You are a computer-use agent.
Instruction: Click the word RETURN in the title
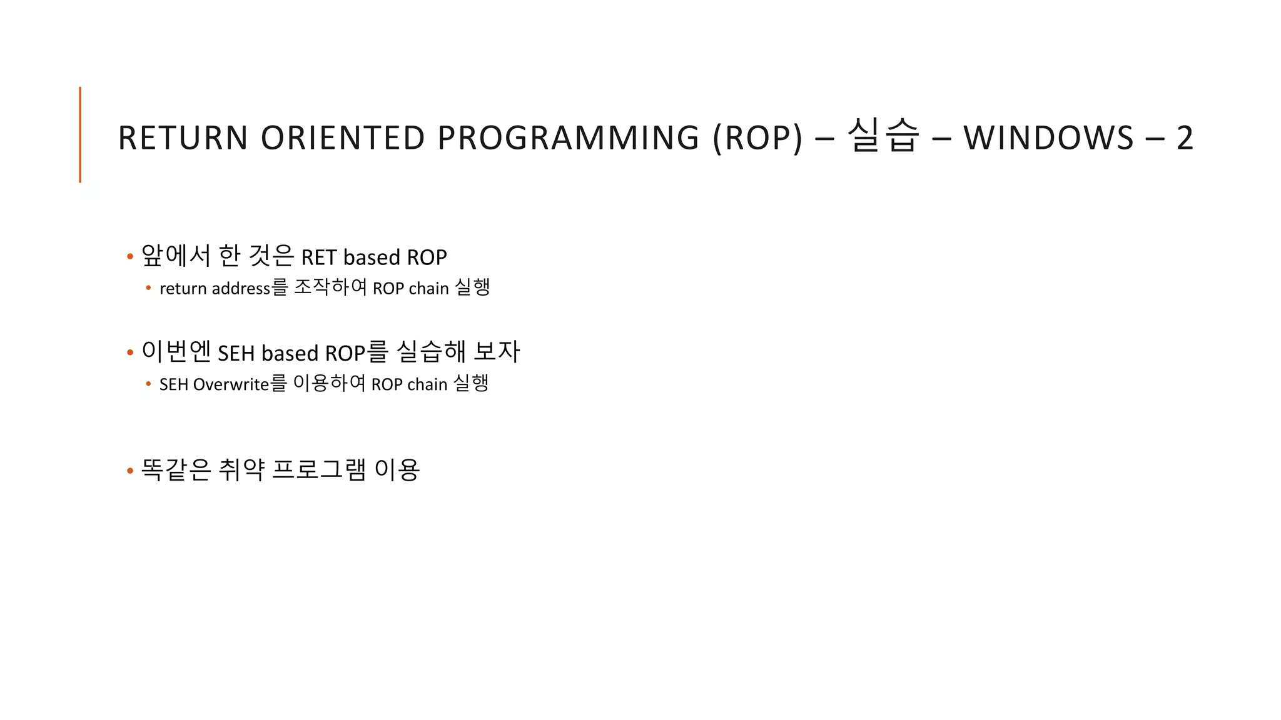pyautogui.click(x=183, y=138)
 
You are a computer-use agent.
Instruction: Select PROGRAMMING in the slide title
pyautogui.click(x=568, y=138)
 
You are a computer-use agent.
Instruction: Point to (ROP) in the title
pyautogui.click(x=757, y=138)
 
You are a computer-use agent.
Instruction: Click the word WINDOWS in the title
pyautogui.click(x=1048, y=138)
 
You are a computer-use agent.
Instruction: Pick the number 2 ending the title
pyautogui.click(x=1185, y=138)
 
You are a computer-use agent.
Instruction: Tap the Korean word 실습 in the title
pyautogui.click(x=883, y=136)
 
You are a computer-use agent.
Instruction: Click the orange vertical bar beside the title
pyautogui.click(x=80, y=134)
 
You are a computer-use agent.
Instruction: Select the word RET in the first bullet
pyautogui.click(x=319, y=257)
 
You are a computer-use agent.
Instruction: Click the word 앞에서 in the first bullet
pyautogui.click(x=176, y=256)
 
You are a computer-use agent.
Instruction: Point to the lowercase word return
pyautogui.click(x=183, y=289)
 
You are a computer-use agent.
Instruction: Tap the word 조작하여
pyautogui.click(x=330, y=287)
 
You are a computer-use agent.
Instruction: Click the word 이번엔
pyautogui.click(x=176, y=352)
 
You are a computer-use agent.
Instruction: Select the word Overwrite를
pyautogui.click(x=240, y=384)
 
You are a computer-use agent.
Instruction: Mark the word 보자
pyautogui.click(x=497, y=352)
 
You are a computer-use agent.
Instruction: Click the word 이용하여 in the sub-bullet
pyautogui.click(x=329, y=383)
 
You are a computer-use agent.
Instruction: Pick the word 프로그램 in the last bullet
pyautogui.click(x=319, y=469)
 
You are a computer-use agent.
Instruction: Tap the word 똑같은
pyautogui.click(x=176, y=469)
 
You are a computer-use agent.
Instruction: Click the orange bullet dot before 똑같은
pyautogui.click(x=130, y=471)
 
